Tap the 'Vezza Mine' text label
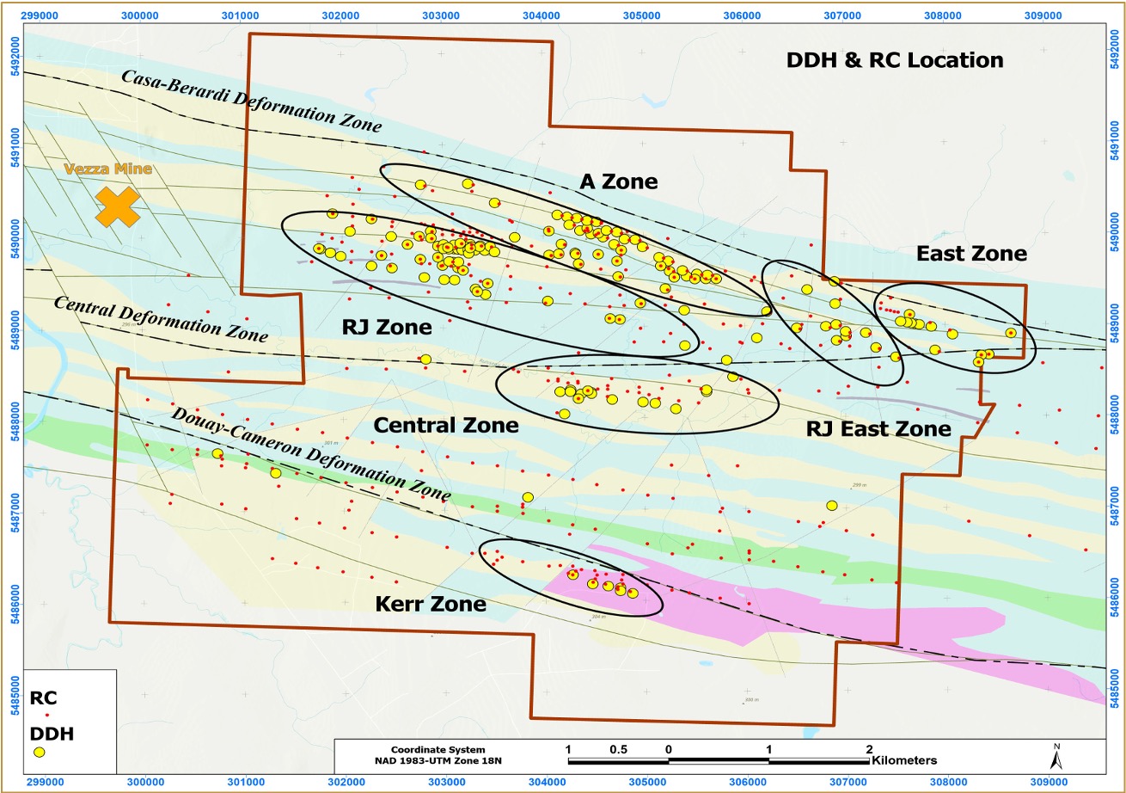click(x=108, y=169)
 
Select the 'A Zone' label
click(x=618, y=181)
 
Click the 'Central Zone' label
click(x=446, y=425)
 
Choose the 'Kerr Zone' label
click(x=431, y=604)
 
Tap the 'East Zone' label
click(x=971, y=254)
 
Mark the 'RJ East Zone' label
click(x=878, y=428)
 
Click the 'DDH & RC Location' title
click(x=895, y=60)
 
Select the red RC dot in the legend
click(x=46, y=716)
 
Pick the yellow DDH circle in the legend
click(x=40, y=752)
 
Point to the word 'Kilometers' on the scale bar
click(x=903, y=760)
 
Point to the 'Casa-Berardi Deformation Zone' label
click(x=251, y=101)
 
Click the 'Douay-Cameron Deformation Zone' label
click(x=311, y=453)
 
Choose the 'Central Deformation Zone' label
click(x=161, y=318)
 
